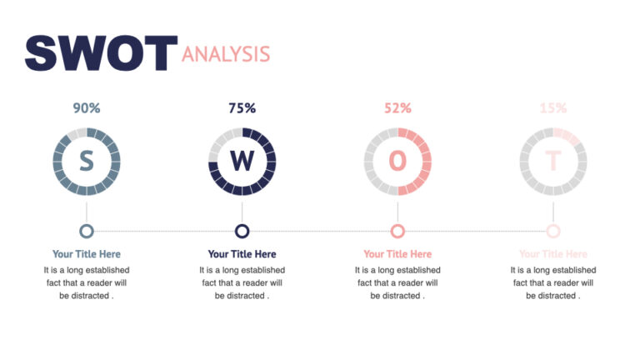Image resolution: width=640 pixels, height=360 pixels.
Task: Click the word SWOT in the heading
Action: coord(101,52)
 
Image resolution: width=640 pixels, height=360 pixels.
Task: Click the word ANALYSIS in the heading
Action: coord(226,54)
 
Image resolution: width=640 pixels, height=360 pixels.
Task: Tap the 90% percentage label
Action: coord(87,107)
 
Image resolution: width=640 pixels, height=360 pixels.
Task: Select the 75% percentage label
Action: coord(242,107)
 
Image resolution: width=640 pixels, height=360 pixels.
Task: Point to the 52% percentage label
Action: coord(397,107)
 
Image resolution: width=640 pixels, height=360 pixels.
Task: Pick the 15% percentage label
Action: coord(552,107)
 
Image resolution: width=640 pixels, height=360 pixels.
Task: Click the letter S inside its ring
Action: coord(87,161)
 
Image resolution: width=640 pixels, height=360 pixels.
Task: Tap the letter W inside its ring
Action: coord(242,161)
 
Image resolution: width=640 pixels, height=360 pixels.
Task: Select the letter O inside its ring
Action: coord(397,161)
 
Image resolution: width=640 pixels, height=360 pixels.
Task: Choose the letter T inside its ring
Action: coord(552,161)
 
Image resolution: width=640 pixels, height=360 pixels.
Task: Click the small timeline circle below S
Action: coord(87,231)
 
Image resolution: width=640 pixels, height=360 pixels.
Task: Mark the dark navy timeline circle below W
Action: coord(242,231)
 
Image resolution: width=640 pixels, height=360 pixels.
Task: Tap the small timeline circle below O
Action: coord(397,231)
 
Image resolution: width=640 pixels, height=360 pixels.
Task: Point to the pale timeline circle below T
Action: coord(552,231)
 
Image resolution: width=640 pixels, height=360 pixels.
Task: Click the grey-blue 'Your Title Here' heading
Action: coord(87,254)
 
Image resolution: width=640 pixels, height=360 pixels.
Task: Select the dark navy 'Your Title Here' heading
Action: coord(242,254)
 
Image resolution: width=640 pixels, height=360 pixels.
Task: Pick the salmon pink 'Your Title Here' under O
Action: coord(397,254)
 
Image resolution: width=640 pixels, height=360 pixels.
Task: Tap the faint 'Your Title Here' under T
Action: coord(552,254)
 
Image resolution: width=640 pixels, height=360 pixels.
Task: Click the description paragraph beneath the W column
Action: coord(242,282)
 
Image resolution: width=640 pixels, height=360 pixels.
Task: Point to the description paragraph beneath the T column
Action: coord(552,282)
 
